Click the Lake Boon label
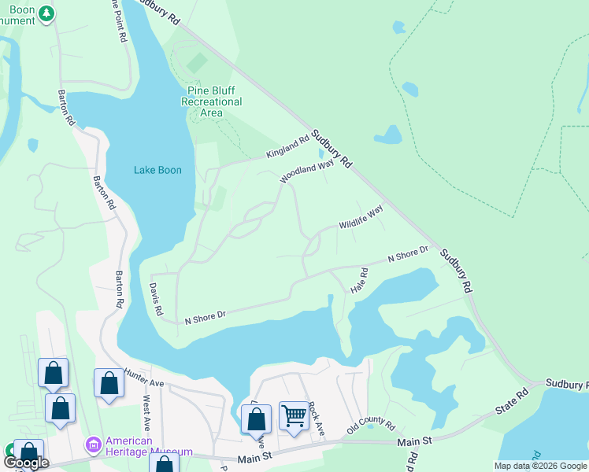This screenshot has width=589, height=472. point(157,170)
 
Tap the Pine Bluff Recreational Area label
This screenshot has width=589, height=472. point(211,101)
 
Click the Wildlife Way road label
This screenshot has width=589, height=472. point(361,217)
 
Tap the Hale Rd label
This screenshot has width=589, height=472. point(363,281)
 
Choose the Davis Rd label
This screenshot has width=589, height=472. point(156,299)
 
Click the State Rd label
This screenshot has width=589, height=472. point(510,402)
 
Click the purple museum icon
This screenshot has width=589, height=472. point(93,446)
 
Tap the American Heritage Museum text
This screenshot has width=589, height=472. point(150,446)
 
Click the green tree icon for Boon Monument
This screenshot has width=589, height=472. point(47,13)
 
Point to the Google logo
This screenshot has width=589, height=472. point(26,463)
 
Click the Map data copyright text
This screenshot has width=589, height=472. point(539,466)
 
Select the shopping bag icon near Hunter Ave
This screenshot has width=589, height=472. point(109,383)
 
